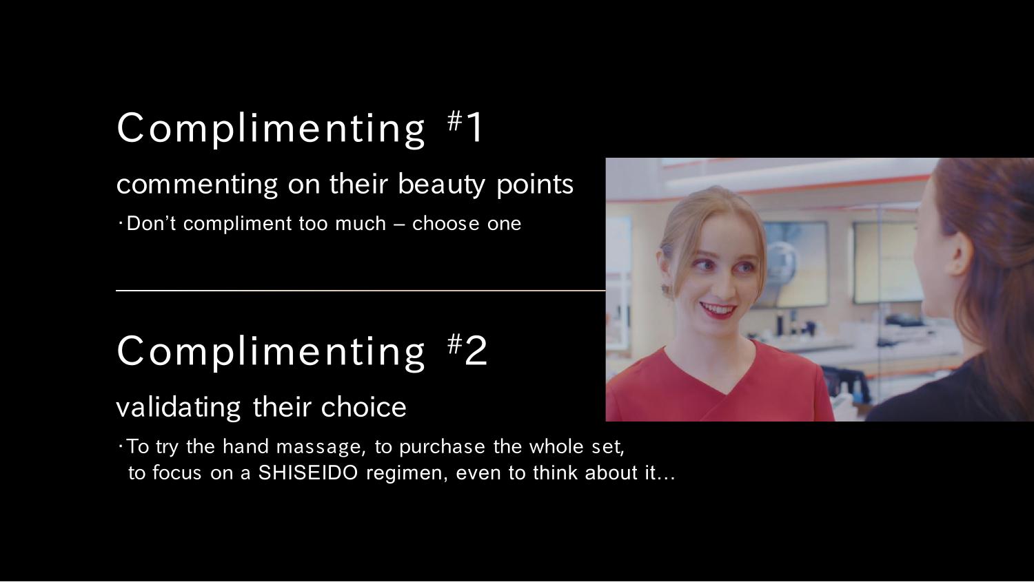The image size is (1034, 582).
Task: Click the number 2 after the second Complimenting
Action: point(476,351)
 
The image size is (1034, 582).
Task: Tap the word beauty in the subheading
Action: point(441,185)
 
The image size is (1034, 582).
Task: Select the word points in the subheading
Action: point(534,185)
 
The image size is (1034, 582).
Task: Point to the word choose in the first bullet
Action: point(446,224)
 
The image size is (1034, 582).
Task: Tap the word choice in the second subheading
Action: point(363,407)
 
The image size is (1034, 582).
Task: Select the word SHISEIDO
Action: point(308,472)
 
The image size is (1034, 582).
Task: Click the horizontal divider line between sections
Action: point(361,291)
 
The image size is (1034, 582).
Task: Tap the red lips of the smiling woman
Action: point(718,310)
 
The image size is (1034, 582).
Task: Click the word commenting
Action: point(197,185)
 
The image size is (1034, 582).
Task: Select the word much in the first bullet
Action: point(361,224)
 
